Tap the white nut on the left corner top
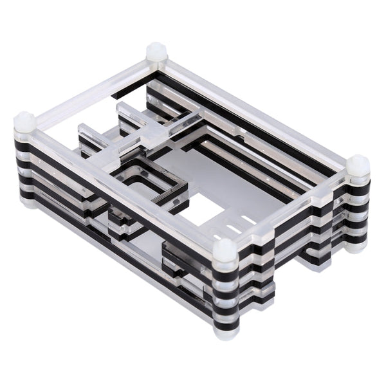(24, 121)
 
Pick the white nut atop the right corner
(358, 165)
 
